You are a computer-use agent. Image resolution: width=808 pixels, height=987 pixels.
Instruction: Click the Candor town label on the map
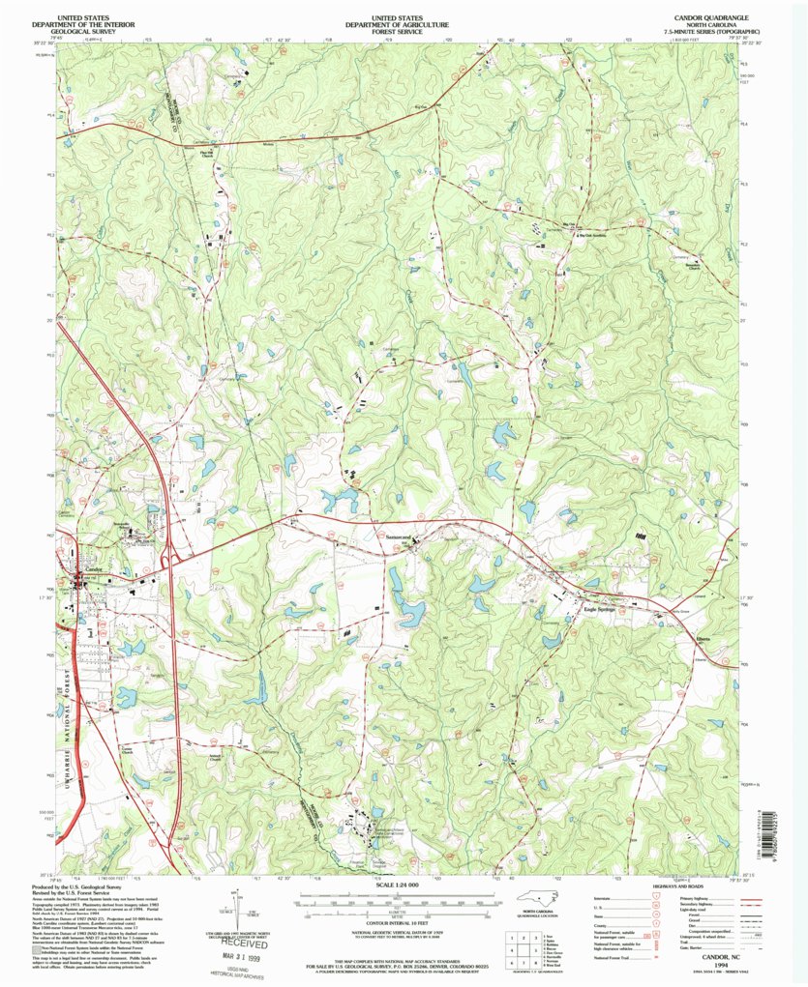[93, 569]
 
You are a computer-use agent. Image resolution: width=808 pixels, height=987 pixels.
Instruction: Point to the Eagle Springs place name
[600, 610]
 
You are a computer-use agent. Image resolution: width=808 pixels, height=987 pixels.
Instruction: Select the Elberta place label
[703, 638]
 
